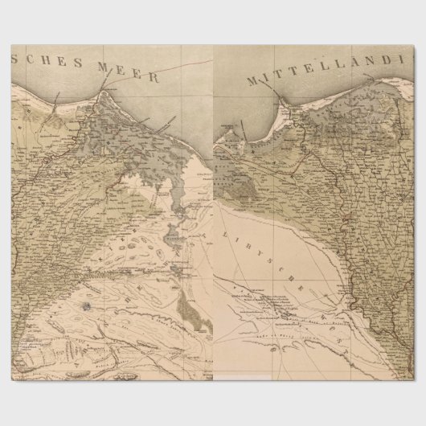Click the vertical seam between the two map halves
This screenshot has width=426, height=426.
(213, 241)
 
